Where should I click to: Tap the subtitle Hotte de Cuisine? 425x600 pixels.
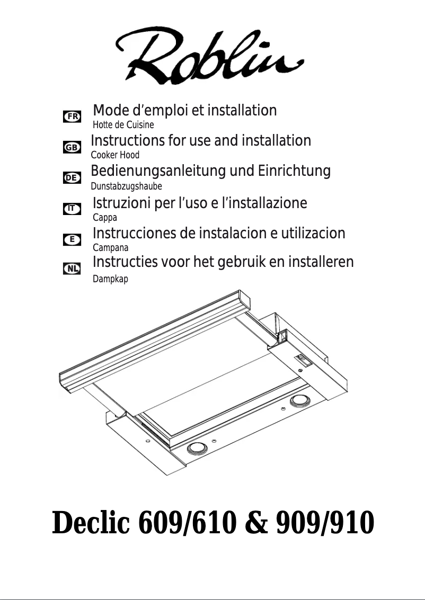(x=123, y=126)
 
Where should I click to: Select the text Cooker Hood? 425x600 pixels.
(x=115, y=155)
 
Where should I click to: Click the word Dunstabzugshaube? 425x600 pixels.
(x=126, y=186)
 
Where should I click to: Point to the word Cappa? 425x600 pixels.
(x=104, y=218)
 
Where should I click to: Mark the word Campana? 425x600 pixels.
(x=110, y=247)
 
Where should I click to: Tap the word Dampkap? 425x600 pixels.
(x=110, y=279)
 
